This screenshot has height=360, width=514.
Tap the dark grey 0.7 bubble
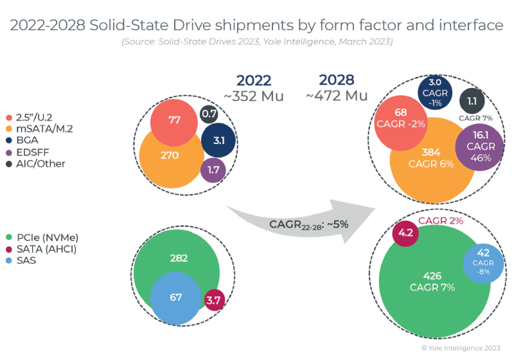click(209, 114)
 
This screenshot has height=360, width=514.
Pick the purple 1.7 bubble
click(213, 171)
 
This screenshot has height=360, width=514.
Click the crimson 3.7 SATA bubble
click(213, 300)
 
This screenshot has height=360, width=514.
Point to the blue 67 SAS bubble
click(176, 297)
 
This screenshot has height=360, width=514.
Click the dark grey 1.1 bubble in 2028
click(472, 100)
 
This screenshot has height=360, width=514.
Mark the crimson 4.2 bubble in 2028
click(405, 233)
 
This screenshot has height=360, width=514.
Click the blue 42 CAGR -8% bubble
click(483, 262)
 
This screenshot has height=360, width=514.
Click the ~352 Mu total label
click(253, 96)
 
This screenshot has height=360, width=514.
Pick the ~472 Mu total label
click(336, 95)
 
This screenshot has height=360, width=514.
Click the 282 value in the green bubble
click(179, 258)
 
